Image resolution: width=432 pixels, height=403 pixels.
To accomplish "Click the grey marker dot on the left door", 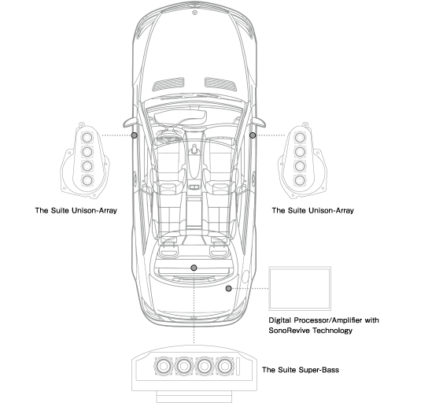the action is [x=135, y=135].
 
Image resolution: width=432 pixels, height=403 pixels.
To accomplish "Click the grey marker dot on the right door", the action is [x=253, y=135].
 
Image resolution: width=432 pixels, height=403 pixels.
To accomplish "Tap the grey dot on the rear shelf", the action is [x=194, y=268].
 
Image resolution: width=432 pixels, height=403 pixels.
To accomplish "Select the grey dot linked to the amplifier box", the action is [x=228, y=288].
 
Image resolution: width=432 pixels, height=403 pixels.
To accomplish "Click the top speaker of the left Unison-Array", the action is [x=87, y=137].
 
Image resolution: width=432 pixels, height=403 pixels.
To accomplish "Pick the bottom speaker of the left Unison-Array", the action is [x=87, y=180].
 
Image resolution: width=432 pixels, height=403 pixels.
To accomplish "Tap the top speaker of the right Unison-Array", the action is [x=300, y=137].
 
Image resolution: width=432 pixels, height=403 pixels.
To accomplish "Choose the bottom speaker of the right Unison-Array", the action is [x=300, y=180].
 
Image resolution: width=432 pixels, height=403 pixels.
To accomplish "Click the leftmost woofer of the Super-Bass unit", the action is [x=164, y=366].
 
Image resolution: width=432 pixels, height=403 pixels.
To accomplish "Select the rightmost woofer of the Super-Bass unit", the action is [x=225, y=366].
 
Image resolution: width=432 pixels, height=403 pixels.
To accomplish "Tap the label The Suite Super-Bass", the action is [x=301, y=369].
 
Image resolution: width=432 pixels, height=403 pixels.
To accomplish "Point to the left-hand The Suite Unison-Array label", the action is [x=76, y=210].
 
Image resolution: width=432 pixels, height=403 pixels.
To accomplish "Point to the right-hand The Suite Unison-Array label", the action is [x=313, y=210].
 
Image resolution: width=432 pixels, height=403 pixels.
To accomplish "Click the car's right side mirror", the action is [x=259, y=122].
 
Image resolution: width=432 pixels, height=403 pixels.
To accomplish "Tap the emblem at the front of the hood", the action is [x=195, y=13].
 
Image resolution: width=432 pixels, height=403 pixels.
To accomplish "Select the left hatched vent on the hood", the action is [x=168, y=84].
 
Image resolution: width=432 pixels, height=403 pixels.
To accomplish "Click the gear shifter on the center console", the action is [x=194, y=150].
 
